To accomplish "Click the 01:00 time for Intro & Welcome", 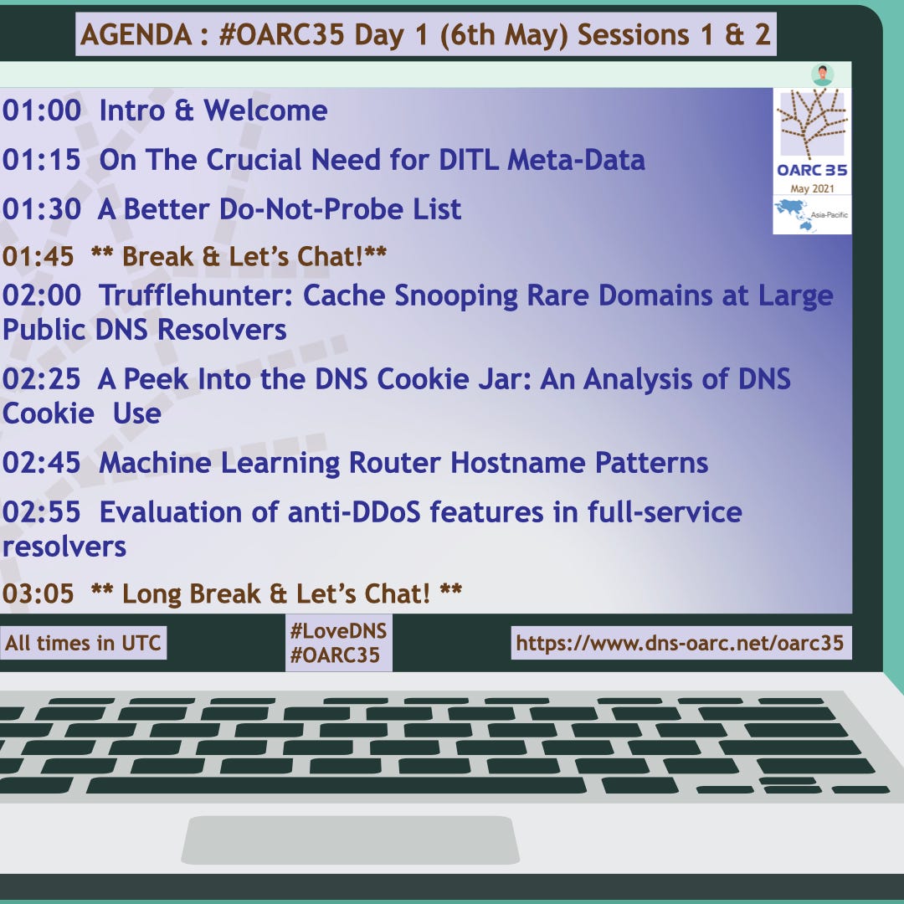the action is click(x=42, y=110).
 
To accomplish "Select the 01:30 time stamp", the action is click(x=42, y=208).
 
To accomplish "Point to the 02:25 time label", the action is click(x=42, y=379).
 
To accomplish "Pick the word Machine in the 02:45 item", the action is click(x=155, y=463).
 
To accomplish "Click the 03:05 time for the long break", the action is click(x=38, y=593).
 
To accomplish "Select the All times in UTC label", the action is click(x=82, y=643).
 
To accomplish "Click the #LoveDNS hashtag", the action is click(x=338, y=631).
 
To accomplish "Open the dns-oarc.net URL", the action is click(x=680, y=643).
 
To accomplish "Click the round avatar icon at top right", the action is click(x=822, y=74).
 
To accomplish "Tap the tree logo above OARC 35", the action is click(x=812, y=123).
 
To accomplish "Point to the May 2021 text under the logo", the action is click(x=812, y=188).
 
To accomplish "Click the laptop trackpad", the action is click(x=351, y=840).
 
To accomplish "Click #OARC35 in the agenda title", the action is click(x=281, y=34).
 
